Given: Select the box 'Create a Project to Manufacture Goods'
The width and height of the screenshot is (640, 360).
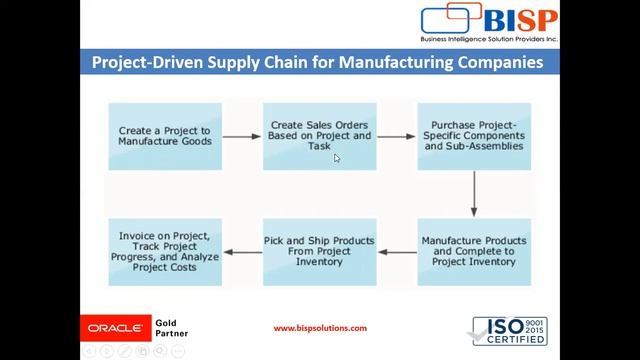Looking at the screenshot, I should pos(165,136).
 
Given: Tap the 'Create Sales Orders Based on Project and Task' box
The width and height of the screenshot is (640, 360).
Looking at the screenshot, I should pos(320,136).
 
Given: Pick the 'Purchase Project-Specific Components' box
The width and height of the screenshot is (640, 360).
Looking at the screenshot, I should pos(473,136).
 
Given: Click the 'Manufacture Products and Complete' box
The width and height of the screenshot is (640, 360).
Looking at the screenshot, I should pos(473,252).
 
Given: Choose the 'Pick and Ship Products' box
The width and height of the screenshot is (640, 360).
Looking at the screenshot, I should pos(320,252).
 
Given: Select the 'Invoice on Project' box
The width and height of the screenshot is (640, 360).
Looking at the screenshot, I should pos(165,252).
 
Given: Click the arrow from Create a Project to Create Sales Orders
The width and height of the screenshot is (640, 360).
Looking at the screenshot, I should pos(242,137).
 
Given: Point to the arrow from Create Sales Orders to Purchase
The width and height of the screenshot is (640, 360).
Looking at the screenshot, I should pos(397,137).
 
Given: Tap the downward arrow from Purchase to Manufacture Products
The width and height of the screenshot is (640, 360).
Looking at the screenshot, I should pos(474,195).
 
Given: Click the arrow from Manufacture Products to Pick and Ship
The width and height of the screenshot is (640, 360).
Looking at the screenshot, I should pos(397,252).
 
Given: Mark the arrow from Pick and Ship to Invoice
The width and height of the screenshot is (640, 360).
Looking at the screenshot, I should pos(242,252).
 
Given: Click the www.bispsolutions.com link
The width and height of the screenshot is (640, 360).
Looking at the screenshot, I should pos(320,328).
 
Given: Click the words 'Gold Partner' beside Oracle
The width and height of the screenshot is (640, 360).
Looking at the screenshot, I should pos(167,328).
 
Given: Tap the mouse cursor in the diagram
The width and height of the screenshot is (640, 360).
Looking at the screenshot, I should pos(338,158).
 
